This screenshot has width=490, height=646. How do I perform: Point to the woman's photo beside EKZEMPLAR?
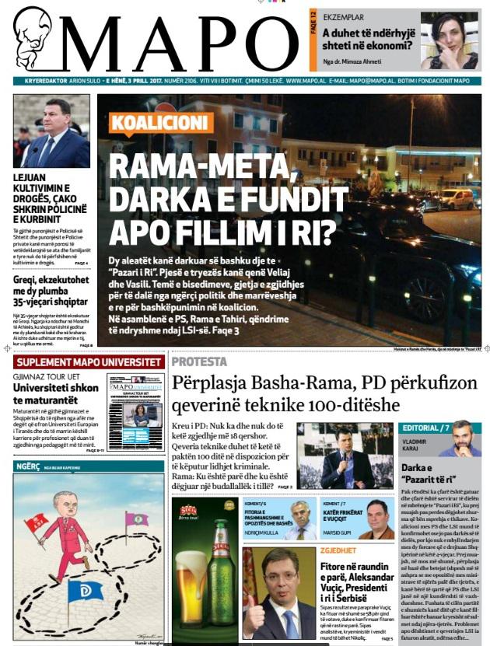pyautogui.click(x=449, y=41)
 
